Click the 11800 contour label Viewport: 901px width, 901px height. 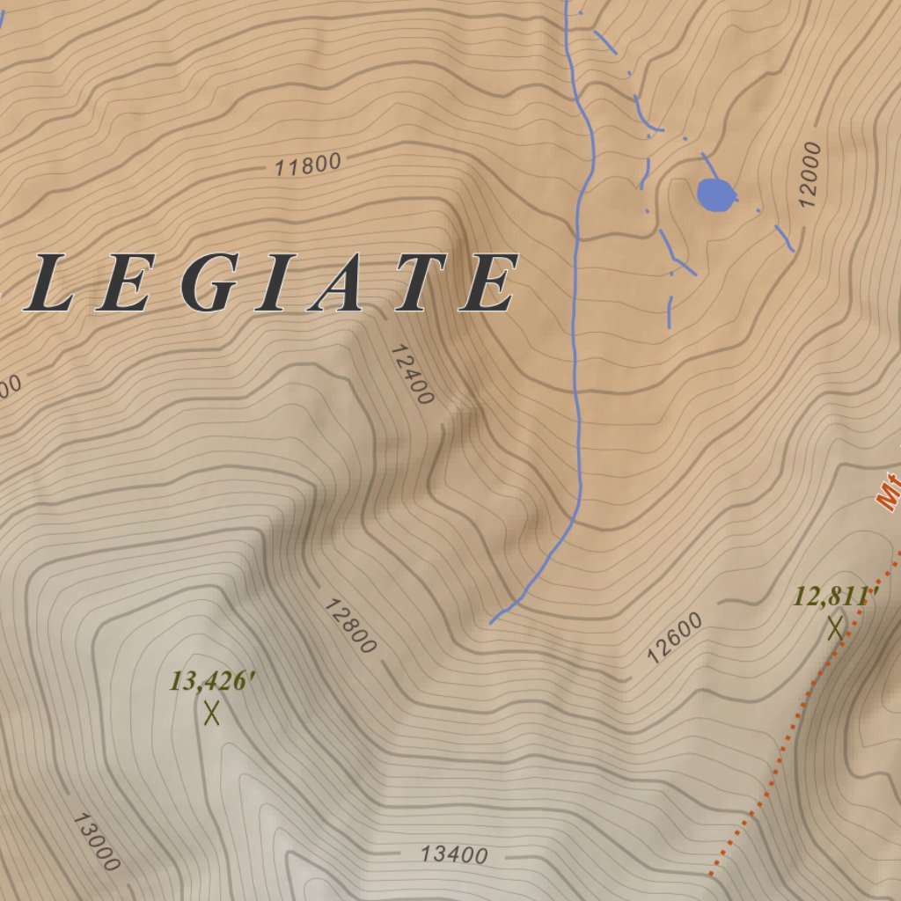click(307, 165)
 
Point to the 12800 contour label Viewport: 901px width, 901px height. click(349, 626)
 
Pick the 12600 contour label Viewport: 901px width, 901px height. click(675, 637)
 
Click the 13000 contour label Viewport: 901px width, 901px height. click(96, 841)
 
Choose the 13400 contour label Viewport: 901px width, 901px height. click(453, 853)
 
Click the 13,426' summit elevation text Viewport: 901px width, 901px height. click(212, 681)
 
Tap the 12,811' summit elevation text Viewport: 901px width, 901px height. click(835, 597)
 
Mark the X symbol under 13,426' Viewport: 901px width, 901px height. click(211, 713)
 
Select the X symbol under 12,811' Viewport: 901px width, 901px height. click(834, 627)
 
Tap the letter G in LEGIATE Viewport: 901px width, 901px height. click(209, 283)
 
